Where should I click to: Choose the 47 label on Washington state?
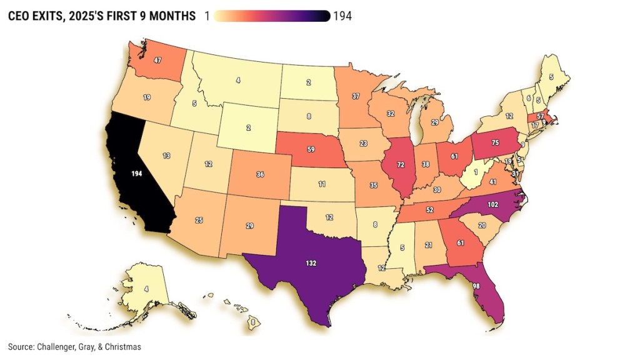[158, 61]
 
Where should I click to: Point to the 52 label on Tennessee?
[429, 211]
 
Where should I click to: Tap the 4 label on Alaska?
[146, 289]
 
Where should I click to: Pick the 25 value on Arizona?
[199, 221]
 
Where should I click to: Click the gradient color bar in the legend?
[271, 16]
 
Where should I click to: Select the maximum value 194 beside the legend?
[342, 16]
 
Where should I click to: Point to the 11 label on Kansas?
[304, 186]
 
